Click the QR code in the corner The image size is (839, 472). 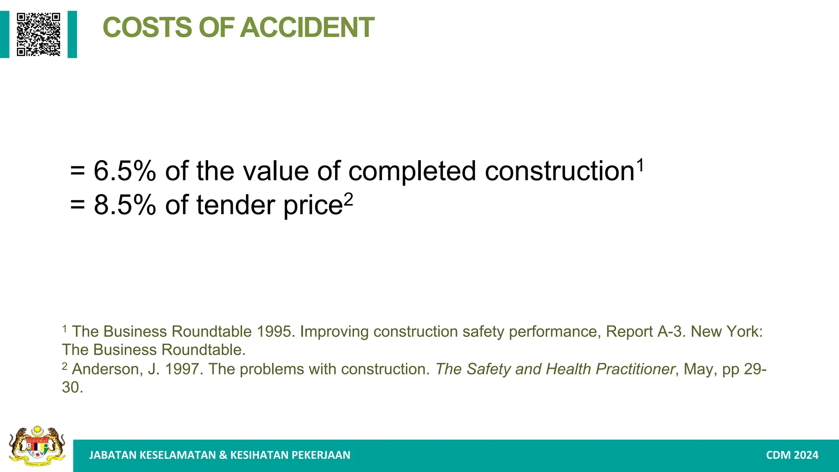(39, 34)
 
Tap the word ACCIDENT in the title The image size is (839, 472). (307, 27)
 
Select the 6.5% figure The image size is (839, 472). (125, 171)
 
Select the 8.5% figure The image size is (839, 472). (125, 205)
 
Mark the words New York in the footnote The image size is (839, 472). (726, 331)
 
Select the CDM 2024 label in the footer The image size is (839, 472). (792, 455)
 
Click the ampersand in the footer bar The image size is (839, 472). (223, 455)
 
